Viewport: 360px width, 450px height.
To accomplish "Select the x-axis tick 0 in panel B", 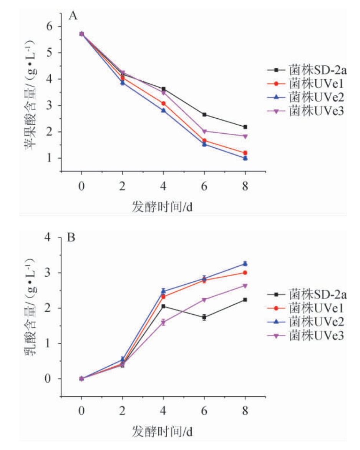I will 81,408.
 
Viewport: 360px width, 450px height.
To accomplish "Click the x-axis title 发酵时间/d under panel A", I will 163,207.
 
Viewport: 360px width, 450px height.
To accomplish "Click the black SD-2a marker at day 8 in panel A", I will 245,127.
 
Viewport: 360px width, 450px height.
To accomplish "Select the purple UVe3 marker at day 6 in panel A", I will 204,131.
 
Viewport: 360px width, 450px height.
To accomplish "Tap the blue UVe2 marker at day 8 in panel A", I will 245,158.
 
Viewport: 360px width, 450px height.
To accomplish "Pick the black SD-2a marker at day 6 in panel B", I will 204,317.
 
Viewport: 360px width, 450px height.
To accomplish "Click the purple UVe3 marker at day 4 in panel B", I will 163,322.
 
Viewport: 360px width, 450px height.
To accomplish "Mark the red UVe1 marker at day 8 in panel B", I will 245,273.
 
